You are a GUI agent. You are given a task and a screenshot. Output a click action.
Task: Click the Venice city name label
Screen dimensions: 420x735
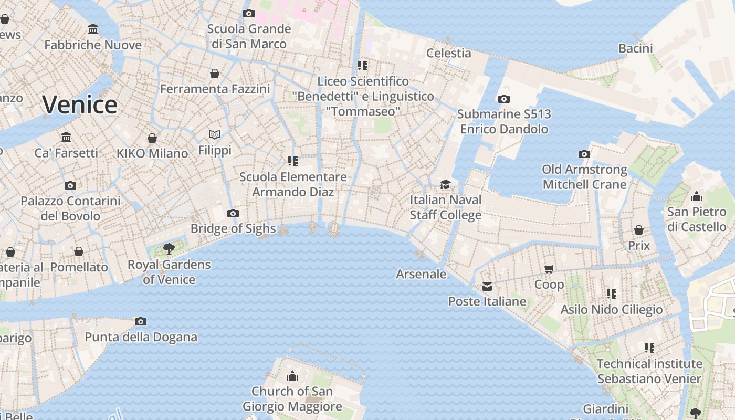[x=80, y=104]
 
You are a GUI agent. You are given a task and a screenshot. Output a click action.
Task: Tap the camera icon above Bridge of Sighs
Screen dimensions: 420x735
[x=233, y=213]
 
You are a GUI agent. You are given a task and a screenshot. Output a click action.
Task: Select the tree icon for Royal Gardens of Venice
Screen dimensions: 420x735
[x=169, y=248]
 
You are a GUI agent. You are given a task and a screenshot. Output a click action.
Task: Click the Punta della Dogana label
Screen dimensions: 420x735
[x=141, y=337]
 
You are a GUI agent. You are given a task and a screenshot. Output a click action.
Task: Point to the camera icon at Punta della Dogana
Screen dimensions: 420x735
[x=141, y=321]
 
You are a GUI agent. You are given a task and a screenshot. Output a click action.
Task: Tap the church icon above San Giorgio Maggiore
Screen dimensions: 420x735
[x=292, y=376]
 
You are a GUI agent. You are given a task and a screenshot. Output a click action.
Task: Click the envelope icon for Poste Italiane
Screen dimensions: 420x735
[x=487, y=286]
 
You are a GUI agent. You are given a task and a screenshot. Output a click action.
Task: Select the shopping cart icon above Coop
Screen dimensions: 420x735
[x=549, y=269]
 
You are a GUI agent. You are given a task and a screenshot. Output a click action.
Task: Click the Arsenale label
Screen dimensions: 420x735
[x=421, y=274]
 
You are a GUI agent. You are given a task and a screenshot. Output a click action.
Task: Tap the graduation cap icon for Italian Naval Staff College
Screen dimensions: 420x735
[x=445, y=184]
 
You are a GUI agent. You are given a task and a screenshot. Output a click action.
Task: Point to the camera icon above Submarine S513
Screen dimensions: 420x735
[x=503, y=99]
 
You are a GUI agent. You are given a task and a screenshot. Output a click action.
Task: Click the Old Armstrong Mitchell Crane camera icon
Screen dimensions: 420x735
[x=584, y=154]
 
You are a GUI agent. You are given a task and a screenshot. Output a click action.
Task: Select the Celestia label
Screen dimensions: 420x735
[x=448, y=53]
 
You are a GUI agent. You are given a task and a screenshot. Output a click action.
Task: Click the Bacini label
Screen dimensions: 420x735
[x=635, y=49]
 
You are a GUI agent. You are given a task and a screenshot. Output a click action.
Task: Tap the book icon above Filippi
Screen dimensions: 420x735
[x=214, y=135]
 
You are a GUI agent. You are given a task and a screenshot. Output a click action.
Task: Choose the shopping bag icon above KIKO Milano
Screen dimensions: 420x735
[x=152, y=138]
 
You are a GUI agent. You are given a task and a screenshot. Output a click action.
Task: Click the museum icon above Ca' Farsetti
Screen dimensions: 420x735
[x=66, y=138]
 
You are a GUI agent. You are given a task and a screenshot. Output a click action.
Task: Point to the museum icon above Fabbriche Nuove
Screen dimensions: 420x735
[x=93, y=29]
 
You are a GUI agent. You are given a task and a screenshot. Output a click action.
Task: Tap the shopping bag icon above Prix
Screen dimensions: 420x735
[x=639, y=230]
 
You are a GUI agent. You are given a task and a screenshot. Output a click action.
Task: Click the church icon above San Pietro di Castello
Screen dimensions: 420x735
[x=697, y=196]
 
